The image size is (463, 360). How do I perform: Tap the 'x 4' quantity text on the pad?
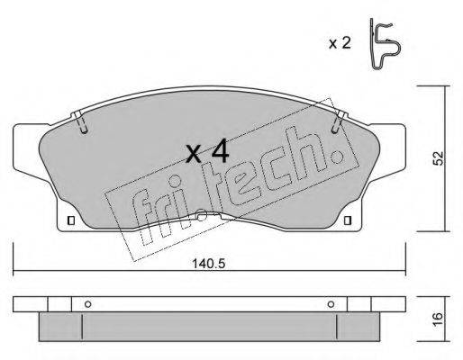(207, 153)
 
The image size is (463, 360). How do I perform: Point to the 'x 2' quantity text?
(338, 42)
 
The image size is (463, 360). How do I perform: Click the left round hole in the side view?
(88, 304)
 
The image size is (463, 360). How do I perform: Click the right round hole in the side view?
(331, 304)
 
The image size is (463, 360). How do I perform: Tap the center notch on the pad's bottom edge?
(205, 217)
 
